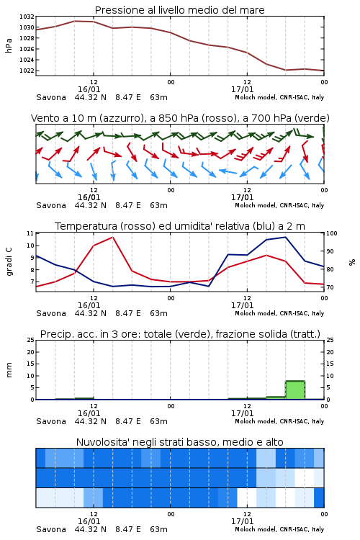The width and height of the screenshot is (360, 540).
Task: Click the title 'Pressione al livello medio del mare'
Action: (179, 10)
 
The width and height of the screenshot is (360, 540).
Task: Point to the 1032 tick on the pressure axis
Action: (27, 17)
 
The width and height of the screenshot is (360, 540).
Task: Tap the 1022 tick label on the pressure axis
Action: (27, 71)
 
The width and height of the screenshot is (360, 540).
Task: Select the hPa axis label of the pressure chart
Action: (9, 45)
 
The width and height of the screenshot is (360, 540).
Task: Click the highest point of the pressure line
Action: (75, 21)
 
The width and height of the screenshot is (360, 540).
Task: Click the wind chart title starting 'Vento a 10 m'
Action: (180, 118)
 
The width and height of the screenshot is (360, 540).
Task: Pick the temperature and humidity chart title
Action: (180, 226)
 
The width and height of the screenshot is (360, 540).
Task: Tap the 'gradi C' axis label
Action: (9, 261)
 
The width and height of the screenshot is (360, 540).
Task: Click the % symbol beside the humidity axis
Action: (352, 262)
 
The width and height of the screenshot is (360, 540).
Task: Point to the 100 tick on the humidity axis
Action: (332, 233)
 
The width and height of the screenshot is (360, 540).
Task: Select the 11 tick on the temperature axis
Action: (30, 233)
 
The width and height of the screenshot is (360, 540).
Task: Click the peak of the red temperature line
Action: (112, 237)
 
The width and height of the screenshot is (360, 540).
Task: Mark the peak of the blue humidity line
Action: (285, 237)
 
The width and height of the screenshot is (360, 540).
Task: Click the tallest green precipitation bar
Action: (295, 390)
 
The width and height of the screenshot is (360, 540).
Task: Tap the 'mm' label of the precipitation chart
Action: (9, 370)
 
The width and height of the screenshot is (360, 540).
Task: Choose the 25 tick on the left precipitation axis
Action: (30, 341)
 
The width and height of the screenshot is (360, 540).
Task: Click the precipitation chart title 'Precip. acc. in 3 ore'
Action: (180, 334)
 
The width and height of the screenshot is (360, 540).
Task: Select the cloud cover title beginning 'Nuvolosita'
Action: (179, 442)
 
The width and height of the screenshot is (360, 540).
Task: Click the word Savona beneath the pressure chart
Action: (51, 97)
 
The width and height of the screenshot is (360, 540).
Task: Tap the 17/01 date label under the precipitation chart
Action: (242, 413)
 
